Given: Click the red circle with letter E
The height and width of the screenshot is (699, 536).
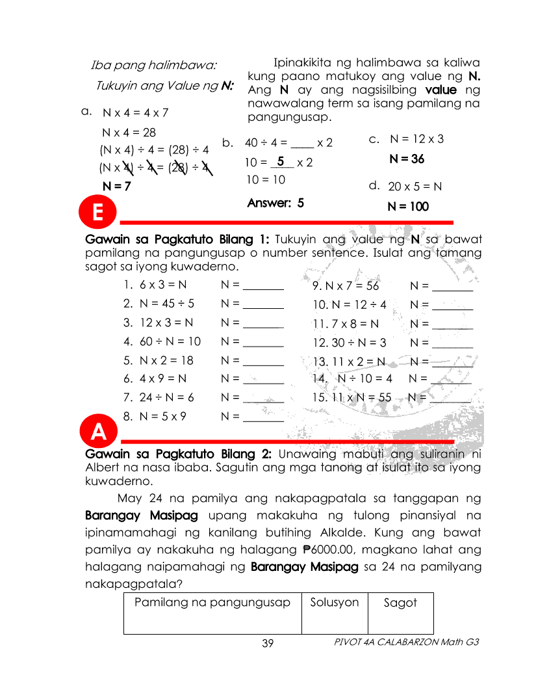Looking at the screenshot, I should [x=97, y=212].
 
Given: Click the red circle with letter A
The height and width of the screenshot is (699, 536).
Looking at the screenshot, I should [x=97, y=430].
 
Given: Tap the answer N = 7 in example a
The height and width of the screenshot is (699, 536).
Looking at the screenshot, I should [x=117, y=186].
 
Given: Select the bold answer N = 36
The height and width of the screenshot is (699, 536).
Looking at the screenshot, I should [x=407, y=159].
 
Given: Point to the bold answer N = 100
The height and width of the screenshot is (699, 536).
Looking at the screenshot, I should [x=408, y=207].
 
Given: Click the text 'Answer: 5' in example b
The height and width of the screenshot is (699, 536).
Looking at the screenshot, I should [x=275, y=203].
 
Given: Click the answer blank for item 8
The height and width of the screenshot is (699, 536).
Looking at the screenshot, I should [x=262, y=417].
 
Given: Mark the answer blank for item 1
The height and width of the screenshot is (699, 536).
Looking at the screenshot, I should [x=262, y=285].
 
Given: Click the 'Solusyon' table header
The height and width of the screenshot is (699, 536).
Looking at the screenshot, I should [x=335, y=603].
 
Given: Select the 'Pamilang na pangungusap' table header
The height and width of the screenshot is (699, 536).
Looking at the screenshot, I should [x=212, y=603].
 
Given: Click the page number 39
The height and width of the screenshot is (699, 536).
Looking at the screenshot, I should [x=268, y=643].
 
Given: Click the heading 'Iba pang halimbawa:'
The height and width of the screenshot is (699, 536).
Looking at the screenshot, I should [x=154, y=66].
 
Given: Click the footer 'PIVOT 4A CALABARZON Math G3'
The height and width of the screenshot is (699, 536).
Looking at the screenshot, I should [x=406, y=642].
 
